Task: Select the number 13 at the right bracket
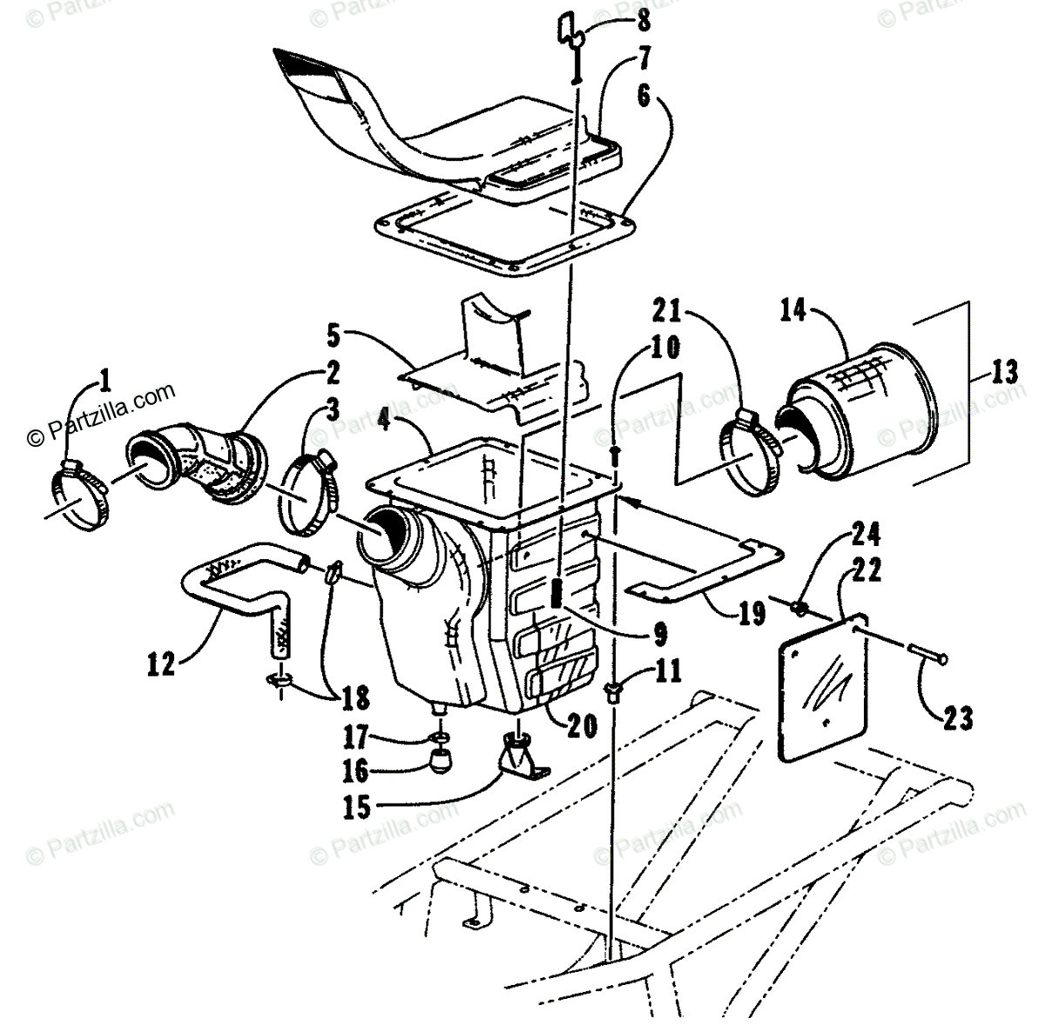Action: point(1004,373)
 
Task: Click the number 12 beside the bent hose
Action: point(162,665)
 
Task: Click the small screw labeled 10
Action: point(617,454)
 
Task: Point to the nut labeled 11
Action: point(615,691)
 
